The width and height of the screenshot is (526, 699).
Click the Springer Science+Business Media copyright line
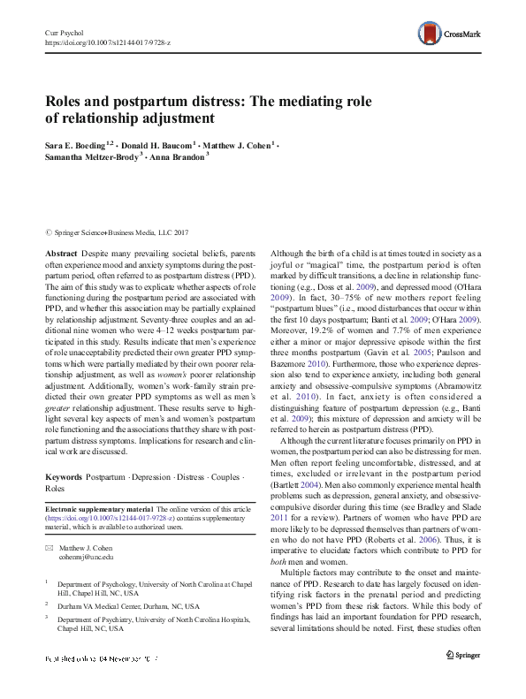point(111,232)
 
